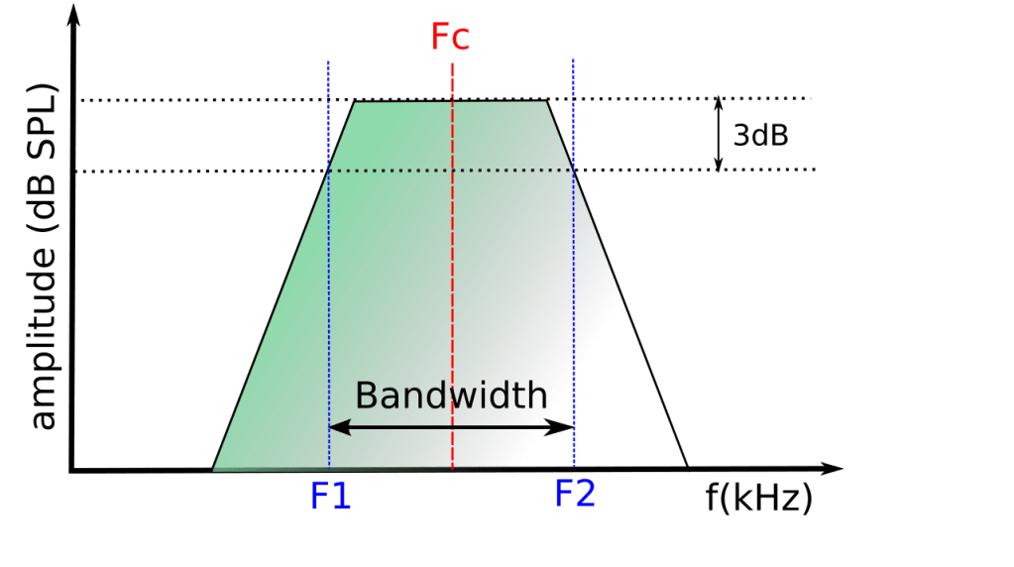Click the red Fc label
coord(450,37)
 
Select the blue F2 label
coord(575,494)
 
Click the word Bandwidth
coord(451,396)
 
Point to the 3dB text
coord(760,136)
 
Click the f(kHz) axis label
coord(759,498)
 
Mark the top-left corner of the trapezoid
coord(356,100)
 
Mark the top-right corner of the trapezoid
coord(547,100)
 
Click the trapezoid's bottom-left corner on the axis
coord(212,469)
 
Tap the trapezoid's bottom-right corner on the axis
coord(687,467)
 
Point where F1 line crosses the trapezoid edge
coord(328,170)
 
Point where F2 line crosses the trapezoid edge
coord(574,170)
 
